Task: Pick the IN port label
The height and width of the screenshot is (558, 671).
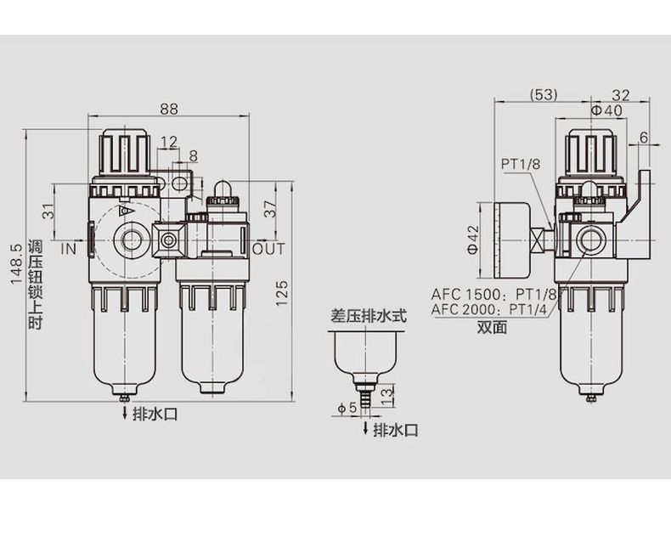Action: pos(69,249)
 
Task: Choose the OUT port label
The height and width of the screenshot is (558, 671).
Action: pos(269,249)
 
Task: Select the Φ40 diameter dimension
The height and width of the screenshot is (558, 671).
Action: pos(606,110)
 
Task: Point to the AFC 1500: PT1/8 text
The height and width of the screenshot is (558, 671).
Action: pos(493,294)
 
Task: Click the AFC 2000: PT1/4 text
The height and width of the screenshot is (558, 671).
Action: pos(492,309)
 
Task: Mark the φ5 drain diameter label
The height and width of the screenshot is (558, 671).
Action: pos(347,408)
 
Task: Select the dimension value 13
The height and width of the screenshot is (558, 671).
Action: pos(386,392)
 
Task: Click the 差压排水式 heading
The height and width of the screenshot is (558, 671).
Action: pos(369,316)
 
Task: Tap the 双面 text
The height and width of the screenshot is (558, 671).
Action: pos(491,327)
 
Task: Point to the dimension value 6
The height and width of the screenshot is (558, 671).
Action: pos(643,138)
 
